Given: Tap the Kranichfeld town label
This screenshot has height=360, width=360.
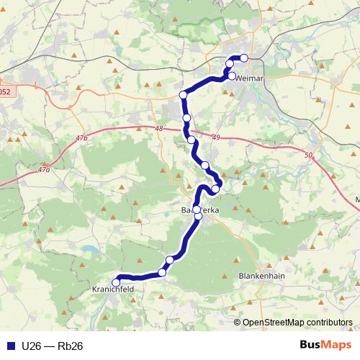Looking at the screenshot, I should tap(114, 289).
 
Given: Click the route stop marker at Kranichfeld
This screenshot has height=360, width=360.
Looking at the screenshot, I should tap(117, 282).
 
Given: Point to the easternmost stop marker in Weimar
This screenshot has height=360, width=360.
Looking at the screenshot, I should tap(244, 58).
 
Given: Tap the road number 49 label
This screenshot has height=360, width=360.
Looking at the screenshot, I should tap(216, 137).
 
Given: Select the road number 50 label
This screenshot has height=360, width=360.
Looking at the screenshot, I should tap(309, 155).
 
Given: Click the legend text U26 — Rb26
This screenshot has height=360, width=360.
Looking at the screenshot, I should tap(52, 346).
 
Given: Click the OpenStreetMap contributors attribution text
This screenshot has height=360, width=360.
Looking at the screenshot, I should tap(297, 322).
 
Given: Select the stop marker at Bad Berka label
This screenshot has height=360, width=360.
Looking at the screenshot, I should tap(197, 210).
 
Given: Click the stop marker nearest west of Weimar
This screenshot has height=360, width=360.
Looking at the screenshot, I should tap(184, 95).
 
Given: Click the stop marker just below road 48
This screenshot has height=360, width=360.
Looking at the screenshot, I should tap(192, 140).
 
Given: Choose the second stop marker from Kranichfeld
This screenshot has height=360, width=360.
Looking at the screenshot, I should tap(162, 272).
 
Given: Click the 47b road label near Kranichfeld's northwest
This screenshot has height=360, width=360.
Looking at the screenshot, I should tap(45, 170).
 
